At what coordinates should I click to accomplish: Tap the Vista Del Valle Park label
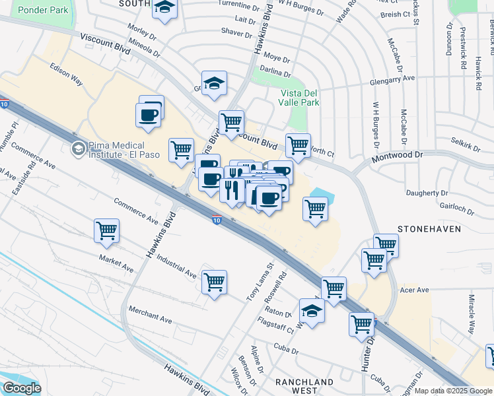[x=300, y=98]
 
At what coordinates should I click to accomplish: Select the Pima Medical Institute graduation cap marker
[x=79, y=149]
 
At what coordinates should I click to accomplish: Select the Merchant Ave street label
[x=151, y=315]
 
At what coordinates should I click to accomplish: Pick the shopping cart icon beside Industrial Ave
[x=215, y=282]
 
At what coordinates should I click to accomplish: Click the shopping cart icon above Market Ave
[x=106, y=230]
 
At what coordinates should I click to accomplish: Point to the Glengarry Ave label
[x=393, y=78]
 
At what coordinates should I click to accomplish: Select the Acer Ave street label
[x=415, y=290]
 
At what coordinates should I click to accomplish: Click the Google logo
[x=22, y=388]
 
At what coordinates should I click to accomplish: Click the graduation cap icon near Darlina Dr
[x=214, y=83]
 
